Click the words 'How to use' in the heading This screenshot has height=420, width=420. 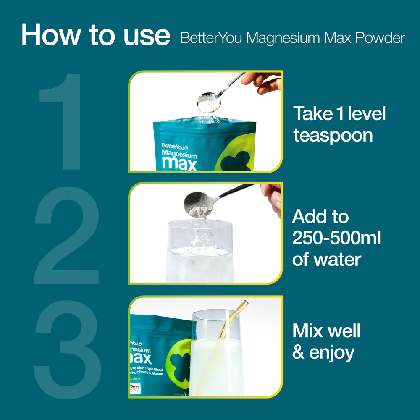tap(95, 35)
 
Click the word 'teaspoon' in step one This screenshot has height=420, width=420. tap(333, 136)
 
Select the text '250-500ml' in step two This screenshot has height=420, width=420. tap(336, 239)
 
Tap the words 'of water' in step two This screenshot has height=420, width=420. tap(326, 259)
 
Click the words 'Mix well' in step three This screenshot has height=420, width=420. tap(326, 331)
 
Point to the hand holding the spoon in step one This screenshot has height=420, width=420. tap(262, 82)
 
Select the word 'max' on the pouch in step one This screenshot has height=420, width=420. tap(179, 163)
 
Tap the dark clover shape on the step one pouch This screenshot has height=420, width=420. tap(236, 161)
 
